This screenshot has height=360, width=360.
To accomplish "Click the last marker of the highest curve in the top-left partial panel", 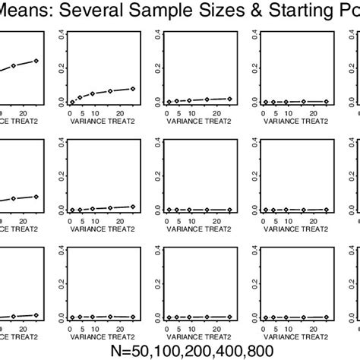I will (36, 61).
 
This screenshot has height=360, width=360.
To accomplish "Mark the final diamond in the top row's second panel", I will (132, 89).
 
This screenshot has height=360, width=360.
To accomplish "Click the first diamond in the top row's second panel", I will (72, 102).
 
